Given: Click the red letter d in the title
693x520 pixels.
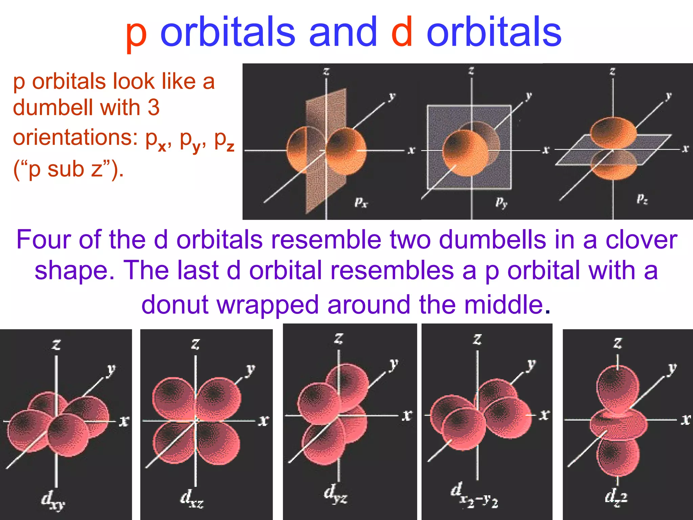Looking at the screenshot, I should [402, 32].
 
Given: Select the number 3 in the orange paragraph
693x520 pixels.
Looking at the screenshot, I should [153, 108].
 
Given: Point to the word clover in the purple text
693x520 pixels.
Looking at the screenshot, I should [641, 240].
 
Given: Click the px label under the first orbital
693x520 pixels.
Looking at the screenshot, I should [361, 202].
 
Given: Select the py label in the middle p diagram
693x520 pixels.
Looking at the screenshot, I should [501, 202].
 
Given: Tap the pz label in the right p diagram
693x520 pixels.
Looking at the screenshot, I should [642, 199].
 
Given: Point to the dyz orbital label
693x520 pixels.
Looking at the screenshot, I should [335, 494].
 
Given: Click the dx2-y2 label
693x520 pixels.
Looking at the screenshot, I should [474, 495].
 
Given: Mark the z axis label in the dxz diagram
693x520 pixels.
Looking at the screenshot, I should [195, 344].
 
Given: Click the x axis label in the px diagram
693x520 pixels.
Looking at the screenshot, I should [411, 150].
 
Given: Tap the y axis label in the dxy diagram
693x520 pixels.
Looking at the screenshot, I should [111, 370].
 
